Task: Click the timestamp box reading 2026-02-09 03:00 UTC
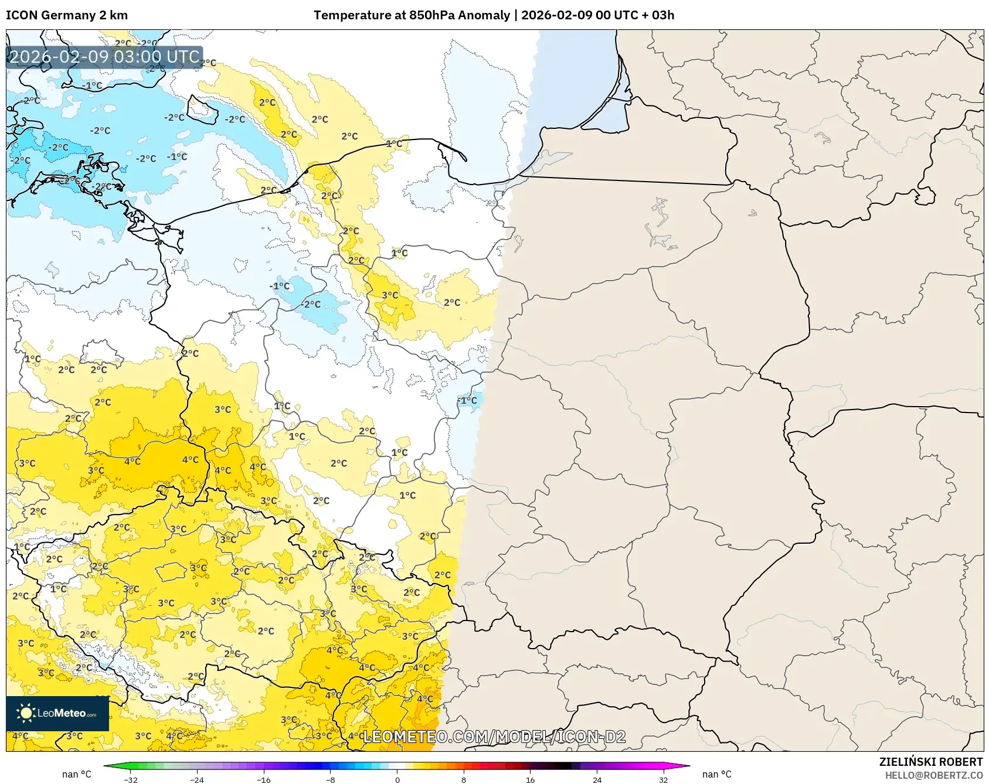[104, 57]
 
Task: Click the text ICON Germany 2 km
[67, 15]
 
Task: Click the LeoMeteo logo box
[57, 713]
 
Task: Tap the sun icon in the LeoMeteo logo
[26, 713]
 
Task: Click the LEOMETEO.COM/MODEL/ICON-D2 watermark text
[494, 737]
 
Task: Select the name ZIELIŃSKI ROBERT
[930, 762]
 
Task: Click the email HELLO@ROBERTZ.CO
[933, 775]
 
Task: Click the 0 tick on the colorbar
[397, 779]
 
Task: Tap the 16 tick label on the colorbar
[530, 779]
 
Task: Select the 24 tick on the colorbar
[597, 779]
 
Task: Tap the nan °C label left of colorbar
[77, 775]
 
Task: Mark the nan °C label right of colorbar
[716, 775]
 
